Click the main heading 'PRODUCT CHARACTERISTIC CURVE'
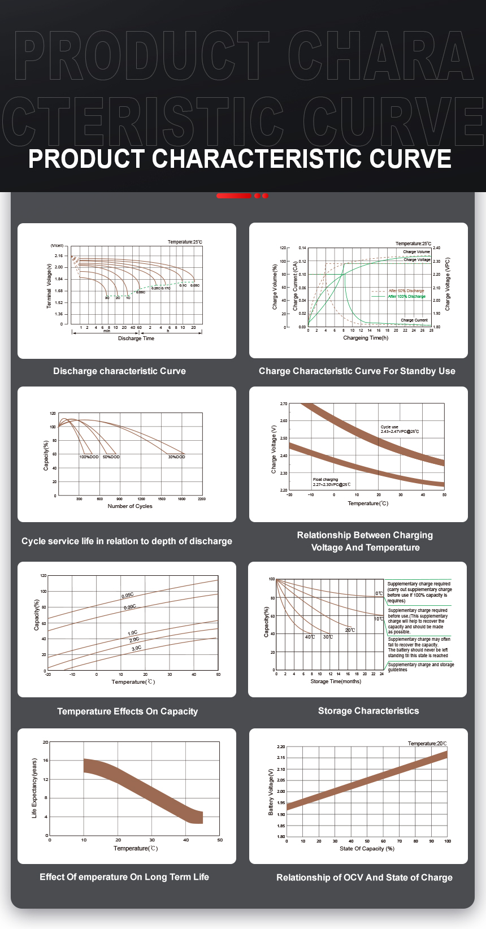click(240, 159)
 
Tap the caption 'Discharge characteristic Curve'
click(119, 371)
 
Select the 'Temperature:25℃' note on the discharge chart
click(185, 242)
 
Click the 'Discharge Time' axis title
click(136, 338)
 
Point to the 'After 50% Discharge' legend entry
click(406, 290)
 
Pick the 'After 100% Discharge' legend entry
click(406, 296)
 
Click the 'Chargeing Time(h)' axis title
click(366, 338)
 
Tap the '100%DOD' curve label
click(89, 457)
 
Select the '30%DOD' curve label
click(176, 457)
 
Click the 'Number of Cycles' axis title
click(130, 506)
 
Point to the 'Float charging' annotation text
click(326, 479)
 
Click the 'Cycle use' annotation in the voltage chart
click(389, 427)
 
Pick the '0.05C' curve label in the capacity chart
click(128, 596)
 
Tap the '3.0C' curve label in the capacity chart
click(136, 648)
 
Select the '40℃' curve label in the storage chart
click(310, 637)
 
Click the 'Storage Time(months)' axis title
click(336, 681)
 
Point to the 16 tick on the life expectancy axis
click(46, 761)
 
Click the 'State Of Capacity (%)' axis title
click(367, 849)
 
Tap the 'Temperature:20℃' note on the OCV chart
click(427, 744)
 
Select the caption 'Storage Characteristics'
click(368, 711)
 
